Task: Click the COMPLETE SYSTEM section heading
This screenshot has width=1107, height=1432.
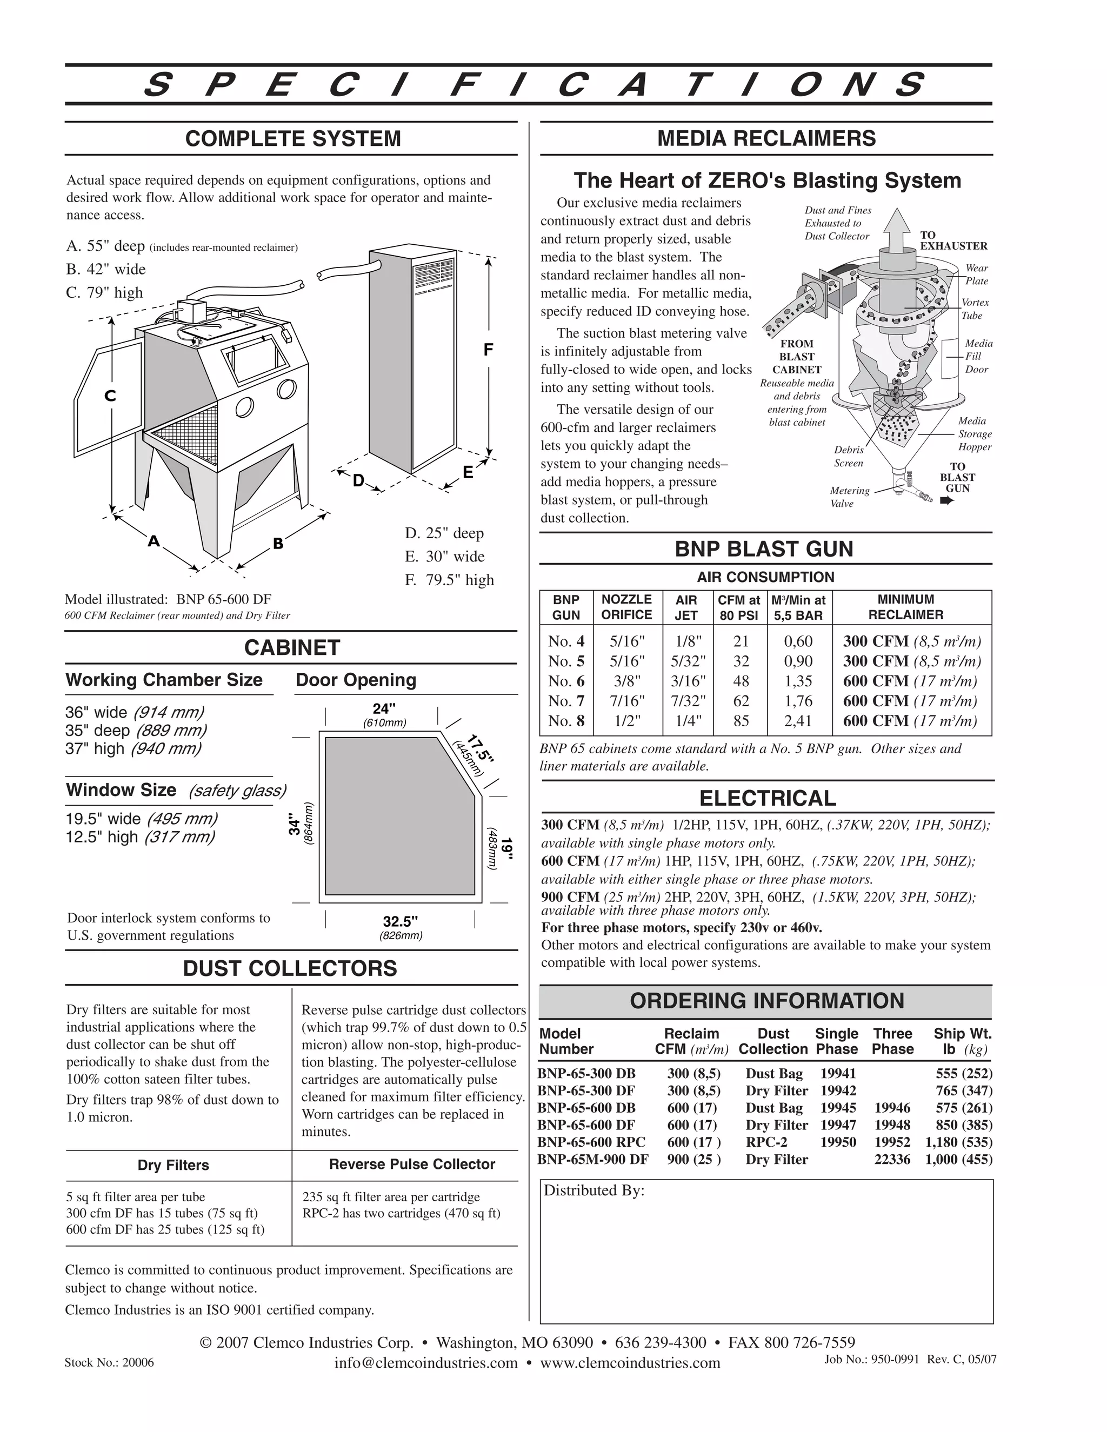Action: coord(292,139)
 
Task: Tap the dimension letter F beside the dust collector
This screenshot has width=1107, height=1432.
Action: coord(488,350)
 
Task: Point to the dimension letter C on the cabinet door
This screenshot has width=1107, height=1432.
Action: coord(110,396)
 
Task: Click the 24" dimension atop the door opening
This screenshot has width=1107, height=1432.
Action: coord(384,709)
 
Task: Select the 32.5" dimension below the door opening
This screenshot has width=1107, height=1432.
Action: coord(401,921)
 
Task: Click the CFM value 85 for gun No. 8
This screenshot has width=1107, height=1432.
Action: coord(741,721)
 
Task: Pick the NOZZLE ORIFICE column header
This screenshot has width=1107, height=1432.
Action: coord(626,607)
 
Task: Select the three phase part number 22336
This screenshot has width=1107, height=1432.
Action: coord(892,1160)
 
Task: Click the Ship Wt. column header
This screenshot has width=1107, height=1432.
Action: coord(962,1042)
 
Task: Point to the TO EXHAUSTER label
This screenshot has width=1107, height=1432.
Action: coord(953,240)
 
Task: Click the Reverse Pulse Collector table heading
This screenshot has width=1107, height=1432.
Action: coord(411,1165)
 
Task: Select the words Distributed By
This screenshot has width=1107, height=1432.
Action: coord(593,1190)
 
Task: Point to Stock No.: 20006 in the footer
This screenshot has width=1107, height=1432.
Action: coord(109,1362)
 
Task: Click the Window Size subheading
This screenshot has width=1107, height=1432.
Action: coord(121,790)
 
